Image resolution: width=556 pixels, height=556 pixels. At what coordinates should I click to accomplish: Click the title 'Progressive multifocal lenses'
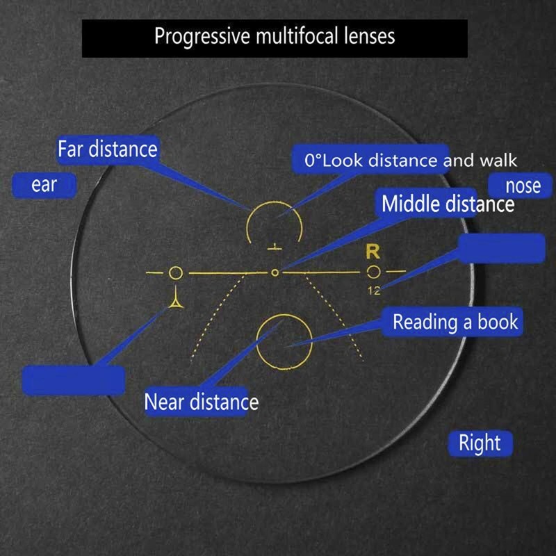click(275, 36)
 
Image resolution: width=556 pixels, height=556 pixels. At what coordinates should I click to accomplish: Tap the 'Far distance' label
click(108, 149)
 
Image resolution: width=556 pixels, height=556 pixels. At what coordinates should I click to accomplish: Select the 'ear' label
click(44, 186)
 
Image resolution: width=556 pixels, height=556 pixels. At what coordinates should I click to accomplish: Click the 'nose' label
click(523, 186)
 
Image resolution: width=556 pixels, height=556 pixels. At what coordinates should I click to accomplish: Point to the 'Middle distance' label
click(448, 204)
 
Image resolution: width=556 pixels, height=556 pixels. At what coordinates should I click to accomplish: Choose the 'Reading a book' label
click(455, 322)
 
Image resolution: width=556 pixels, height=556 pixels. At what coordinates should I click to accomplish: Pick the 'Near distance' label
click(201, 402)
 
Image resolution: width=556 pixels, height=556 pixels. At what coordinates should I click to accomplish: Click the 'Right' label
click(480, 443)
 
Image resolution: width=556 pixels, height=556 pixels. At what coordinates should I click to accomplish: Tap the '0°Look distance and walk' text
click(410, 161)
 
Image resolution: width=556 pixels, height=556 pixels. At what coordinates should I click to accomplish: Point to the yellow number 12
click(374, 291)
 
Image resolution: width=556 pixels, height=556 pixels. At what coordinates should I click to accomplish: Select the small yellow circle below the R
click(374, 272)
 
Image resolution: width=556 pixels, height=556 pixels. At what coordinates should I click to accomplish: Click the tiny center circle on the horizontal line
click(275, 272)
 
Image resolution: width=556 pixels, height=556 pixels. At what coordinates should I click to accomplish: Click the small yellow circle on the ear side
click(176, 272)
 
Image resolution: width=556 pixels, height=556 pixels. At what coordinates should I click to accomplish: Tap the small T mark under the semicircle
click(276, 246)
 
